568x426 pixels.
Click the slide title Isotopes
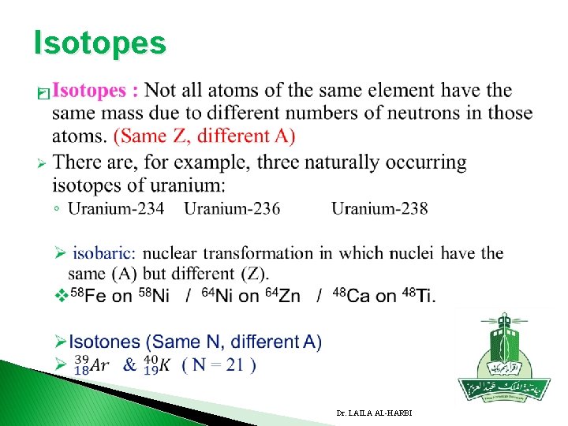100,43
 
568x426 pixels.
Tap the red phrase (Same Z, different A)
205,136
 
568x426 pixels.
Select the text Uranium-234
116,208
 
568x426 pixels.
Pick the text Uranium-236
232,208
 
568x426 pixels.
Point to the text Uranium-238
379,208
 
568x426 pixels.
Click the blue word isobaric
104,253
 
